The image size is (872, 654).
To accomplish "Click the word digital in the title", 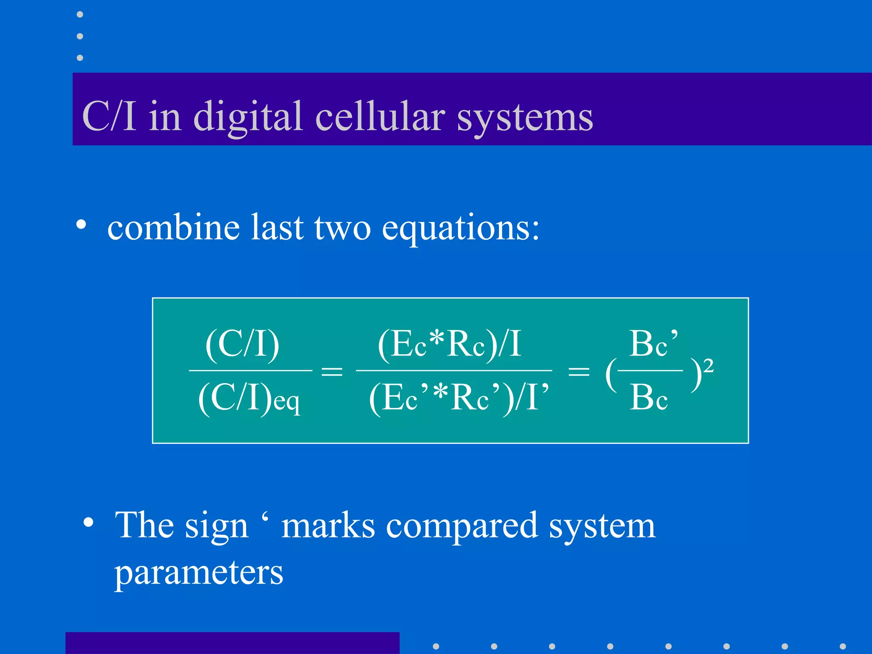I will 248,117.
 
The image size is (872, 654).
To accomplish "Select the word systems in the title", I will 525,118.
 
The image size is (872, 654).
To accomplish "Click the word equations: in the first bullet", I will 461,228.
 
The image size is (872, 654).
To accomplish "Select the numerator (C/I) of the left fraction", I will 242,344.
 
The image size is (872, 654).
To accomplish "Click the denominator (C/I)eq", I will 249,398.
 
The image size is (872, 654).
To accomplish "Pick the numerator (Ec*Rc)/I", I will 450,344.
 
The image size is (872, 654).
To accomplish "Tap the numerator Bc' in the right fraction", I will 654,344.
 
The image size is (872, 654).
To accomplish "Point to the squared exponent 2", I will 708,366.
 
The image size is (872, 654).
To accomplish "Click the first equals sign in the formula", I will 332,371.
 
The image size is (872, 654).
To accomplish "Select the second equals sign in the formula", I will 579,371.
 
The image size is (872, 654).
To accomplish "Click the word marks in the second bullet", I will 328,526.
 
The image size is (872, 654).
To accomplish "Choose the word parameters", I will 198,573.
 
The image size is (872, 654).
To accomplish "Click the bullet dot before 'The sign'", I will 89,522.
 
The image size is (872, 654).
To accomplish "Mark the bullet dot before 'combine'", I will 81,224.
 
